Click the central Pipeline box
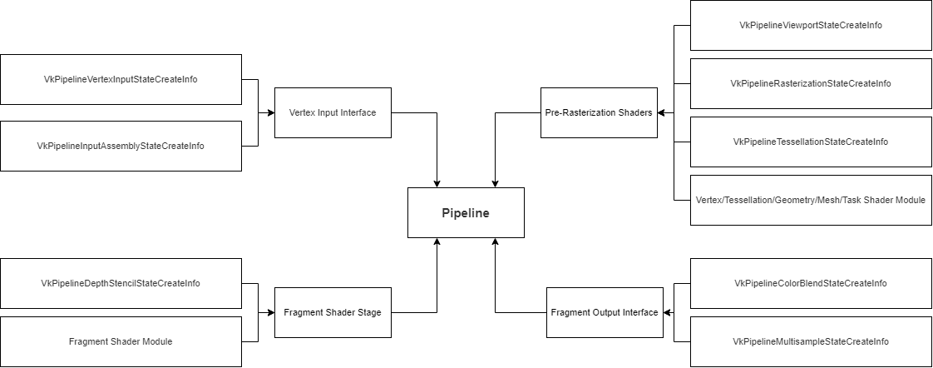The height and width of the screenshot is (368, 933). tap(466, 212)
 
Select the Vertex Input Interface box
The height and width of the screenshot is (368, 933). tap(333, 112)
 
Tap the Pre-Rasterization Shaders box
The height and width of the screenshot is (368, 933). tap(599, 112)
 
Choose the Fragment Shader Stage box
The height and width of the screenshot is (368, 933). tap(333, 312)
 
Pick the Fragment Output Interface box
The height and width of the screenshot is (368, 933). tap(605, 312)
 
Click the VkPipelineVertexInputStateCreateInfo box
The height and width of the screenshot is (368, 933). tap(121, 79)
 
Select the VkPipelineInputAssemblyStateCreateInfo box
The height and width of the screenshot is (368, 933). tap(121, 146)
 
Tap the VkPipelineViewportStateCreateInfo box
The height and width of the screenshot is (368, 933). tap(811, 25)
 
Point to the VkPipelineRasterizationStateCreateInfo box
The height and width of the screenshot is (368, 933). tap(811, 83)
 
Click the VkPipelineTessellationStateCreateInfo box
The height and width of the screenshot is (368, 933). tap(811, 142)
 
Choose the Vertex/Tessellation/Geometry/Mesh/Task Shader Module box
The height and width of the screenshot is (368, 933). tap(811, 200)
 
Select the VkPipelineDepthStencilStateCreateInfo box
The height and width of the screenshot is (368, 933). tap(121, 283)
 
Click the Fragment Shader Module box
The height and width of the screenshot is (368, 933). tap(121, 341)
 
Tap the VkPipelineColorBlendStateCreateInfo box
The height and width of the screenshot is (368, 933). tap(811, 283)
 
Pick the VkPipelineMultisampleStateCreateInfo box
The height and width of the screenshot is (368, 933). tap(811, 341)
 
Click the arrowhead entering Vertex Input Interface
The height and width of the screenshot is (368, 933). tap(270, 112)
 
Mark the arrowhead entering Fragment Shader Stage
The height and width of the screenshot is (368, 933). tap(270, 312)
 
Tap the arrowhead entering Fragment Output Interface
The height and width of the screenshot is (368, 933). tap(667, 312)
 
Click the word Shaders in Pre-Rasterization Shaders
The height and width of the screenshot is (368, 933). tap(634, 112)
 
